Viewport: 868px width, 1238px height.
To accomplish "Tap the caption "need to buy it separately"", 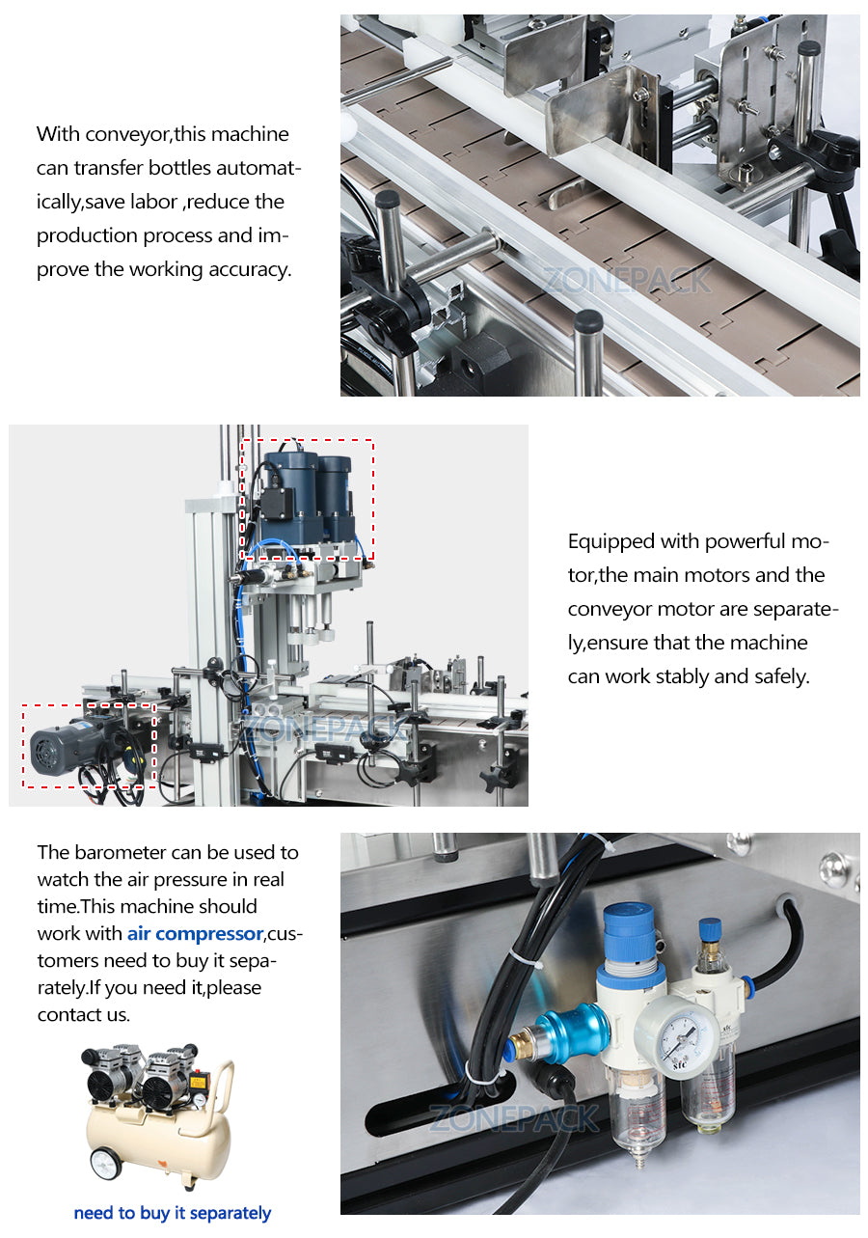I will click(x=172, y=1213).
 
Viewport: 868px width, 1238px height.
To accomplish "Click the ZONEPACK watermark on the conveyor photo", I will click(x=626, y=281).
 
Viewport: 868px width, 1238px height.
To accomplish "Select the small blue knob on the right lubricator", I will click(x=710, y=928).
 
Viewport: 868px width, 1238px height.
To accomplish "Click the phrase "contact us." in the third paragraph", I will click(x=83, y=1014).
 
